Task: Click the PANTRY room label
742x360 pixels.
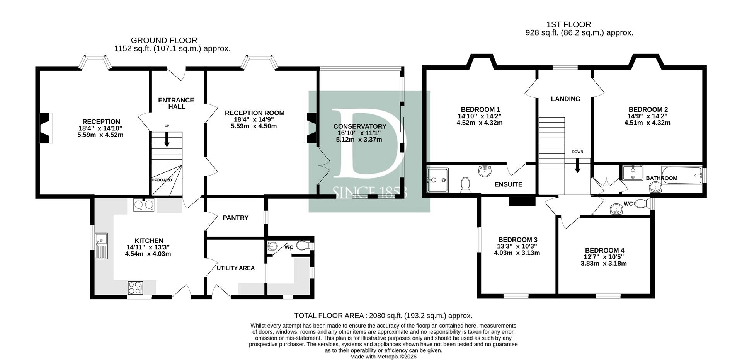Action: [235, 218]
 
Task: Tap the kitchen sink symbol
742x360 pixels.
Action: [101, 246]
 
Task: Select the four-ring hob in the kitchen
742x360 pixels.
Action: [135, 287]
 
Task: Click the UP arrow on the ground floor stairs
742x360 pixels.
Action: [167, 140]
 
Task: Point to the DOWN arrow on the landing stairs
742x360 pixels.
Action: [577, 166]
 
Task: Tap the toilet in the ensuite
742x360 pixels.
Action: [465, 185]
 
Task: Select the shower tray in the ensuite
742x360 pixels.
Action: [437, 180]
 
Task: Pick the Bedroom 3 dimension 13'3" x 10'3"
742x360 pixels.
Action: [517, 246]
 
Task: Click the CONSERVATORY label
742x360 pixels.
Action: [359, 126]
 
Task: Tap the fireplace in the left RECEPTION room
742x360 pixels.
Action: [46, 128]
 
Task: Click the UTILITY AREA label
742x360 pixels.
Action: [235, 268]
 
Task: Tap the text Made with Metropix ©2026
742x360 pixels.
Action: [383, 357]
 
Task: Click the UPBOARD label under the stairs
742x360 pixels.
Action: [162, 180]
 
